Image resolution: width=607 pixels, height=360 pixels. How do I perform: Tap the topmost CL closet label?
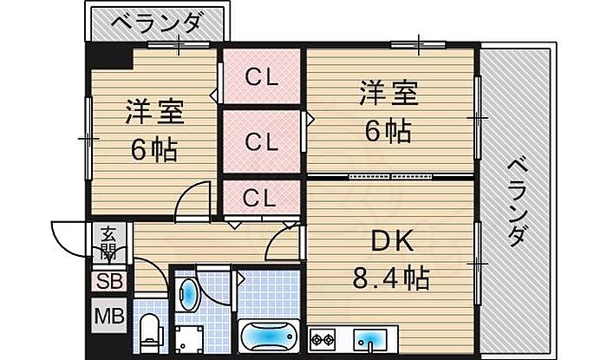click(260, 77)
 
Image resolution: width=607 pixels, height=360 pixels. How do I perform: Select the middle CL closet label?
click(260, 140)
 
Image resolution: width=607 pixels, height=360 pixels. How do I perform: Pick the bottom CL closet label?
click(260, 199)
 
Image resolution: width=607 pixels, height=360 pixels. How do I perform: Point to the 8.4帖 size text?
click(390, 278)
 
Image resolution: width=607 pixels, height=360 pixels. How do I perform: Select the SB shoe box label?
click(109, 281)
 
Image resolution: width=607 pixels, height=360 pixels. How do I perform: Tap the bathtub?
click(268, 336)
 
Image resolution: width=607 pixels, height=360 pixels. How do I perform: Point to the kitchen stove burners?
click(325, 338)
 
